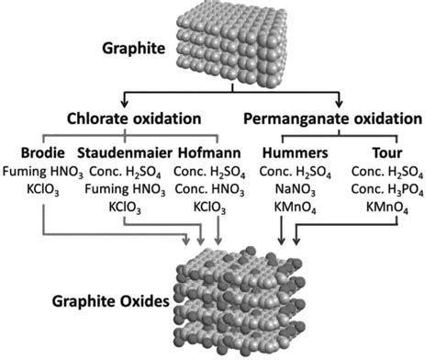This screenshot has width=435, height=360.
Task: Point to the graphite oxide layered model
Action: (x=248, y=298)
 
